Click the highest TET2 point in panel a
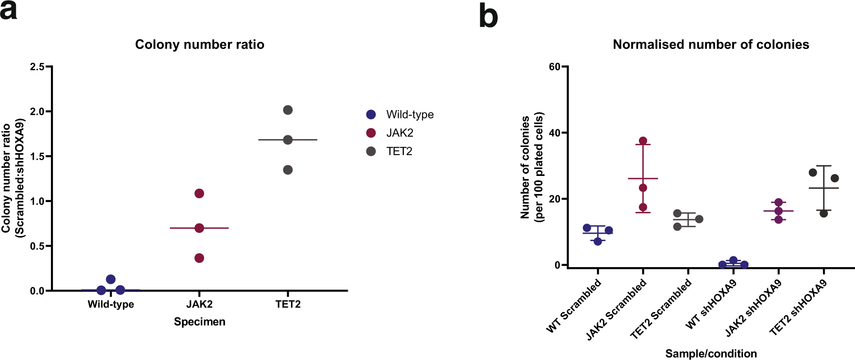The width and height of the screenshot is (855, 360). (x=288, y=110)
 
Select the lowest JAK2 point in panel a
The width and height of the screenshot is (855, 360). (x=199, y=258)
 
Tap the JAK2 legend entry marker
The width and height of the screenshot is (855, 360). (x=371, y=133)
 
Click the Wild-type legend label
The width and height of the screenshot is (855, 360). (x=410, y=115)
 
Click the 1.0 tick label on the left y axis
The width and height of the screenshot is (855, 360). (x=37, y=201)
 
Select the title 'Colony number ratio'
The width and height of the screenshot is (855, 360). (x=199, y=45)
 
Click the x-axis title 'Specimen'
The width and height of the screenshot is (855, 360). (x=199, y=322)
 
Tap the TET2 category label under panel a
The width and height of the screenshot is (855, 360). (x=288, y=304)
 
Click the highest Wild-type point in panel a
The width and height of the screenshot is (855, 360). (x=111, y=280)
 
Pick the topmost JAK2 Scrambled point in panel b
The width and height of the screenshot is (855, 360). (x=643, y=141)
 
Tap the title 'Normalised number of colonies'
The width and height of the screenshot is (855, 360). (x=711, y=45)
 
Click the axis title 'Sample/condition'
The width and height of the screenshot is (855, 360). (x=711, y=354)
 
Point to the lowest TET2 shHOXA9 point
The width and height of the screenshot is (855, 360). (x=824, y=213)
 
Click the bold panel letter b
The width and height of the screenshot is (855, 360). (x=488, y=17)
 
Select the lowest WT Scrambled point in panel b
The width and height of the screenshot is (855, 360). (x=598, y=241)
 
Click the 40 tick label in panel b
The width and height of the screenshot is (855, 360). (x=555, y=133)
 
